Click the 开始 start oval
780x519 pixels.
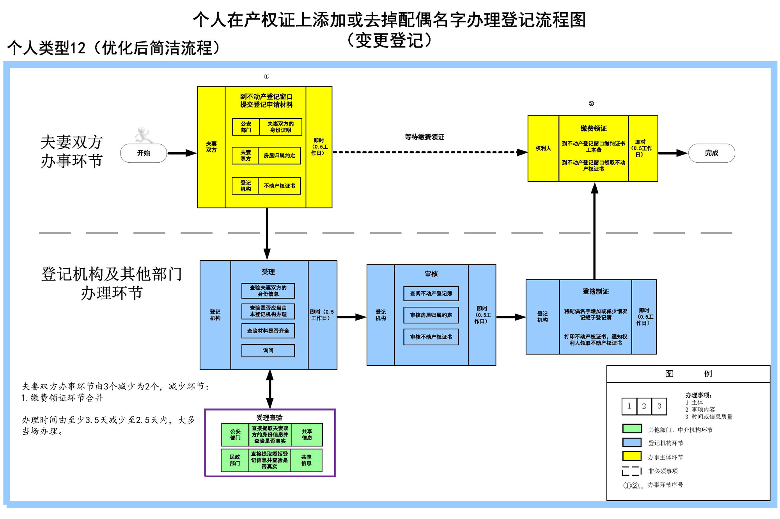(x=144, y=153)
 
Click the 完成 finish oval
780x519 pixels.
(x=711, y=153)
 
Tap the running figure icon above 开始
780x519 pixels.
(x=143, y=135)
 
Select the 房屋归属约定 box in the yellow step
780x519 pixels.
(x=279, y=155)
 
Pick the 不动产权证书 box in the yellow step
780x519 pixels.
(x=279, y=186)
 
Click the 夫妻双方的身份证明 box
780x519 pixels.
(x=280, y=127)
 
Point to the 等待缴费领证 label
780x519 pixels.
(x=424, y=137)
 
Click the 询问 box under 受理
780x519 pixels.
(x=268, y=350)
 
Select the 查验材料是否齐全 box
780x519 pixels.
(x=268, y=331)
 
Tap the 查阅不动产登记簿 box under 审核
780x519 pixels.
(x=431, y=293)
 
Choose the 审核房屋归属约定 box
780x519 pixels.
(x=431, y=315)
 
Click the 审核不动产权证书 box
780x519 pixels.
(x=431, y=337)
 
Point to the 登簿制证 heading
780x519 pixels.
(x=596, y=291)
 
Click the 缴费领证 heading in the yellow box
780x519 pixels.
(x=594, y=128)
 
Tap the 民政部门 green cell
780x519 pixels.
(x=235, y=460)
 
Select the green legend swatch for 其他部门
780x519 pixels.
(x=632, y=429)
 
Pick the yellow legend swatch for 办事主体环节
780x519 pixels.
(x=632, y=456)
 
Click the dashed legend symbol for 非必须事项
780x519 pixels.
(x=632, y=471)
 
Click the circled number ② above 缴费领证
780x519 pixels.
(x=591, y=103)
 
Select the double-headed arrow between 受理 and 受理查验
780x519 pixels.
(x=269, y=389)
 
